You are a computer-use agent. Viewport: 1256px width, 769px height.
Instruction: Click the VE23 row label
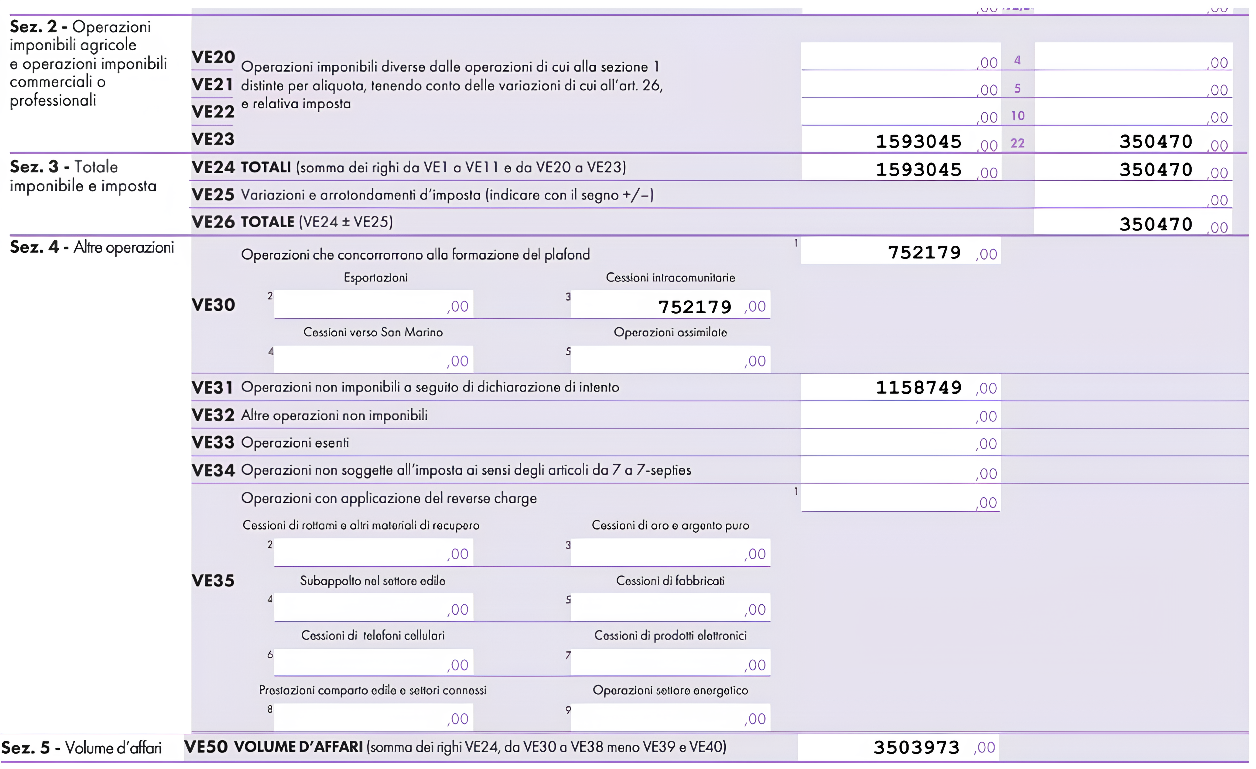coord(213,139)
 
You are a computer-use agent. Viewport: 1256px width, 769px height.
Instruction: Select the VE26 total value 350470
coord(1156,224)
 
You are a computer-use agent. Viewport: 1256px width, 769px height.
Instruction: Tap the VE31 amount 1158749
coord(919,388)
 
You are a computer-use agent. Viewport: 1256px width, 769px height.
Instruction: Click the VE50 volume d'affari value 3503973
coord(916,748)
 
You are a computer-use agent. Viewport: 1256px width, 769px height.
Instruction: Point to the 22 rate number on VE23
coord(1017,143)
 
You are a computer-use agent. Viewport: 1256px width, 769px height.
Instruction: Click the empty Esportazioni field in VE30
coord(374,305)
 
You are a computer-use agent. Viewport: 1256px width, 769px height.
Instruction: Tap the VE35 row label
coord(213,581)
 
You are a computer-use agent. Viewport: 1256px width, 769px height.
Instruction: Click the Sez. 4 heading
coord(92,247)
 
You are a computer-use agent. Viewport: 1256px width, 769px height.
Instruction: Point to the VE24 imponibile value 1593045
coord(919,169)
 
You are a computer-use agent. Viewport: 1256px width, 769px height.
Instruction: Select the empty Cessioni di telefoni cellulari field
coord(374,663)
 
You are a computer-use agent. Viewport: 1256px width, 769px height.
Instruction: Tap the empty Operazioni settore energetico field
coord(670,718)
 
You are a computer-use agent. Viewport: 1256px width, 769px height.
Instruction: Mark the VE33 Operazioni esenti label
coord(295,443)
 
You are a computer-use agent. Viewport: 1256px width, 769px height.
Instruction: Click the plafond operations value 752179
coord(924,252)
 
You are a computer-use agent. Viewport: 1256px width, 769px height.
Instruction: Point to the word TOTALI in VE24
coord(266,167)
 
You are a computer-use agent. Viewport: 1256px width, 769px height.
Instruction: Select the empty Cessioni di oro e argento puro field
coord(670,553)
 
